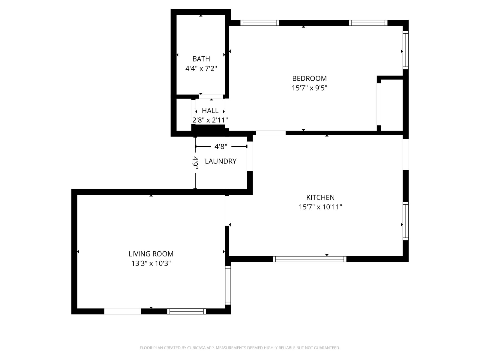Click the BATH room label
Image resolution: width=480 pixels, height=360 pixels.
tap(201, 59)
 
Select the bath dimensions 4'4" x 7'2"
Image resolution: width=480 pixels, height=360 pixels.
tap(201, 69)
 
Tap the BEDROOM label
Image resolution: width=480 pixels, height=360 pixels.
tap(309, 78)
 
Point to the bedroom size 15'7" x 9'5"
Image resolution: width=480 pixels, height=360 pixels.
tap(309, 88)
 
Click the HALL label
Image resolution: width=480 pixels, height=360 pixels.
tap(210, 111)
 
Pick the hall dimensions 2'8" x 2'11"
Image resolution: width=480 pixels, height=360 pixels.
tap(210, 120)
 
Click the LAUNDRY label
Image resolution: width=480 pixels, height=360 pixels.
tap(220, 161)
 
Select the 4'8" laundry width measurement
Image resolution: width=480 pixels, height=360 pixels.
tap(220, 146)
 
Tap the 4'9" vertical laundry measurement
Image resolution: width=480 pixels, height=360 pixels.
tap(195, 163)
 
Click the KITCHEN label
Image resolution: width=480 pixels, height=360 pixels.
tap(320, 197)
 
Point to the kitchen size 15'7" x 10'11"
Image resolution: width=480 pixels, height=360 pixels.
tap(320, 207)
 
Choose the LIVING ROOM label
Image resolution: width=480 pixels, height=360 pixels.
tap(151, 254)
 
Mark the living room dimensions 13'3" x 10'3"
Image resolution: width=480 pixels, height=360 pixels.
tap(151, 263)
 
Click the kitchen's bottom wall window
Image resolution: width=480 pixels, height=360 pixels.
tap(309, 259)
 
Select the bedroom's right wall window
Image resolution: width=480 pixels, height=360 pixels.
tap(405, 50)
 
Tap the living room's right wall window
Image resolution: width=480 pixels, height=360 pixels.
tap(228, 285)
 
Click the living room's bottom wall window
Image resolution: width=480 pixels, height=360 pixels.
tap(187, 311)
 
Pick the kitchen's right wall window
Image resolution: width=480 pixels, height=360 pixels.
tap(405, 221)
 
